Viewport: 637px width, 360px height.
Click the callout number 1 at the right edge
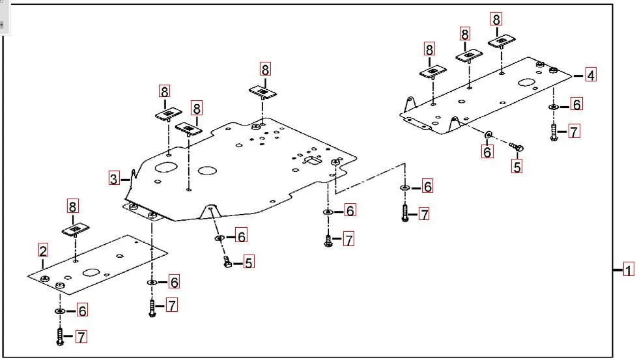(628, 270)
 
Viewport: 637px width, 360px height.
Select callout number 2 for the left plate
(43, 250)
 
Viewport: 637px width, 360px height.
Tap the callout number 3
(114, 178)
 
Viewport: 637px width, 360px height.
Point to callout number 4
(589, 75)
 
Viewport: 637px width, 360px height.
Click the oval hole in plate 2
(91, 273)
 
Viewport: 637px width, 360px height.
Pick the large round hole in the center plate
(208, 171)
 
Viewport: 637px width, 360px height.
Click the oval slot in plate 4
(525, 83)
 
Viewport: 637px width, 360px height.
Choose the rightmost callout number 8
(497, 20)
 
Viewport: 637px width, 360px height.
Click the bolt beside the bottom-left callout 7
(60, 336)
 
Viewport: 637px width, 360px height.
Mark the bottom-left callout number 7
(81, 337)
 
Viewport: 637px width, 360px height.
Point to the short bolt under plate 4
(515, 147)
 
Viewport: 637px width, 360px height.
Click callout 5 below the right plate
(517, 166)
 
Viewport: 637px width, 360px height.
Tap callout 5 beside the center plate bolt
(249, 262)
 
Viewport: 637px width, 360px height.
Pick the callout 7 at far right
(573, 132)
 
